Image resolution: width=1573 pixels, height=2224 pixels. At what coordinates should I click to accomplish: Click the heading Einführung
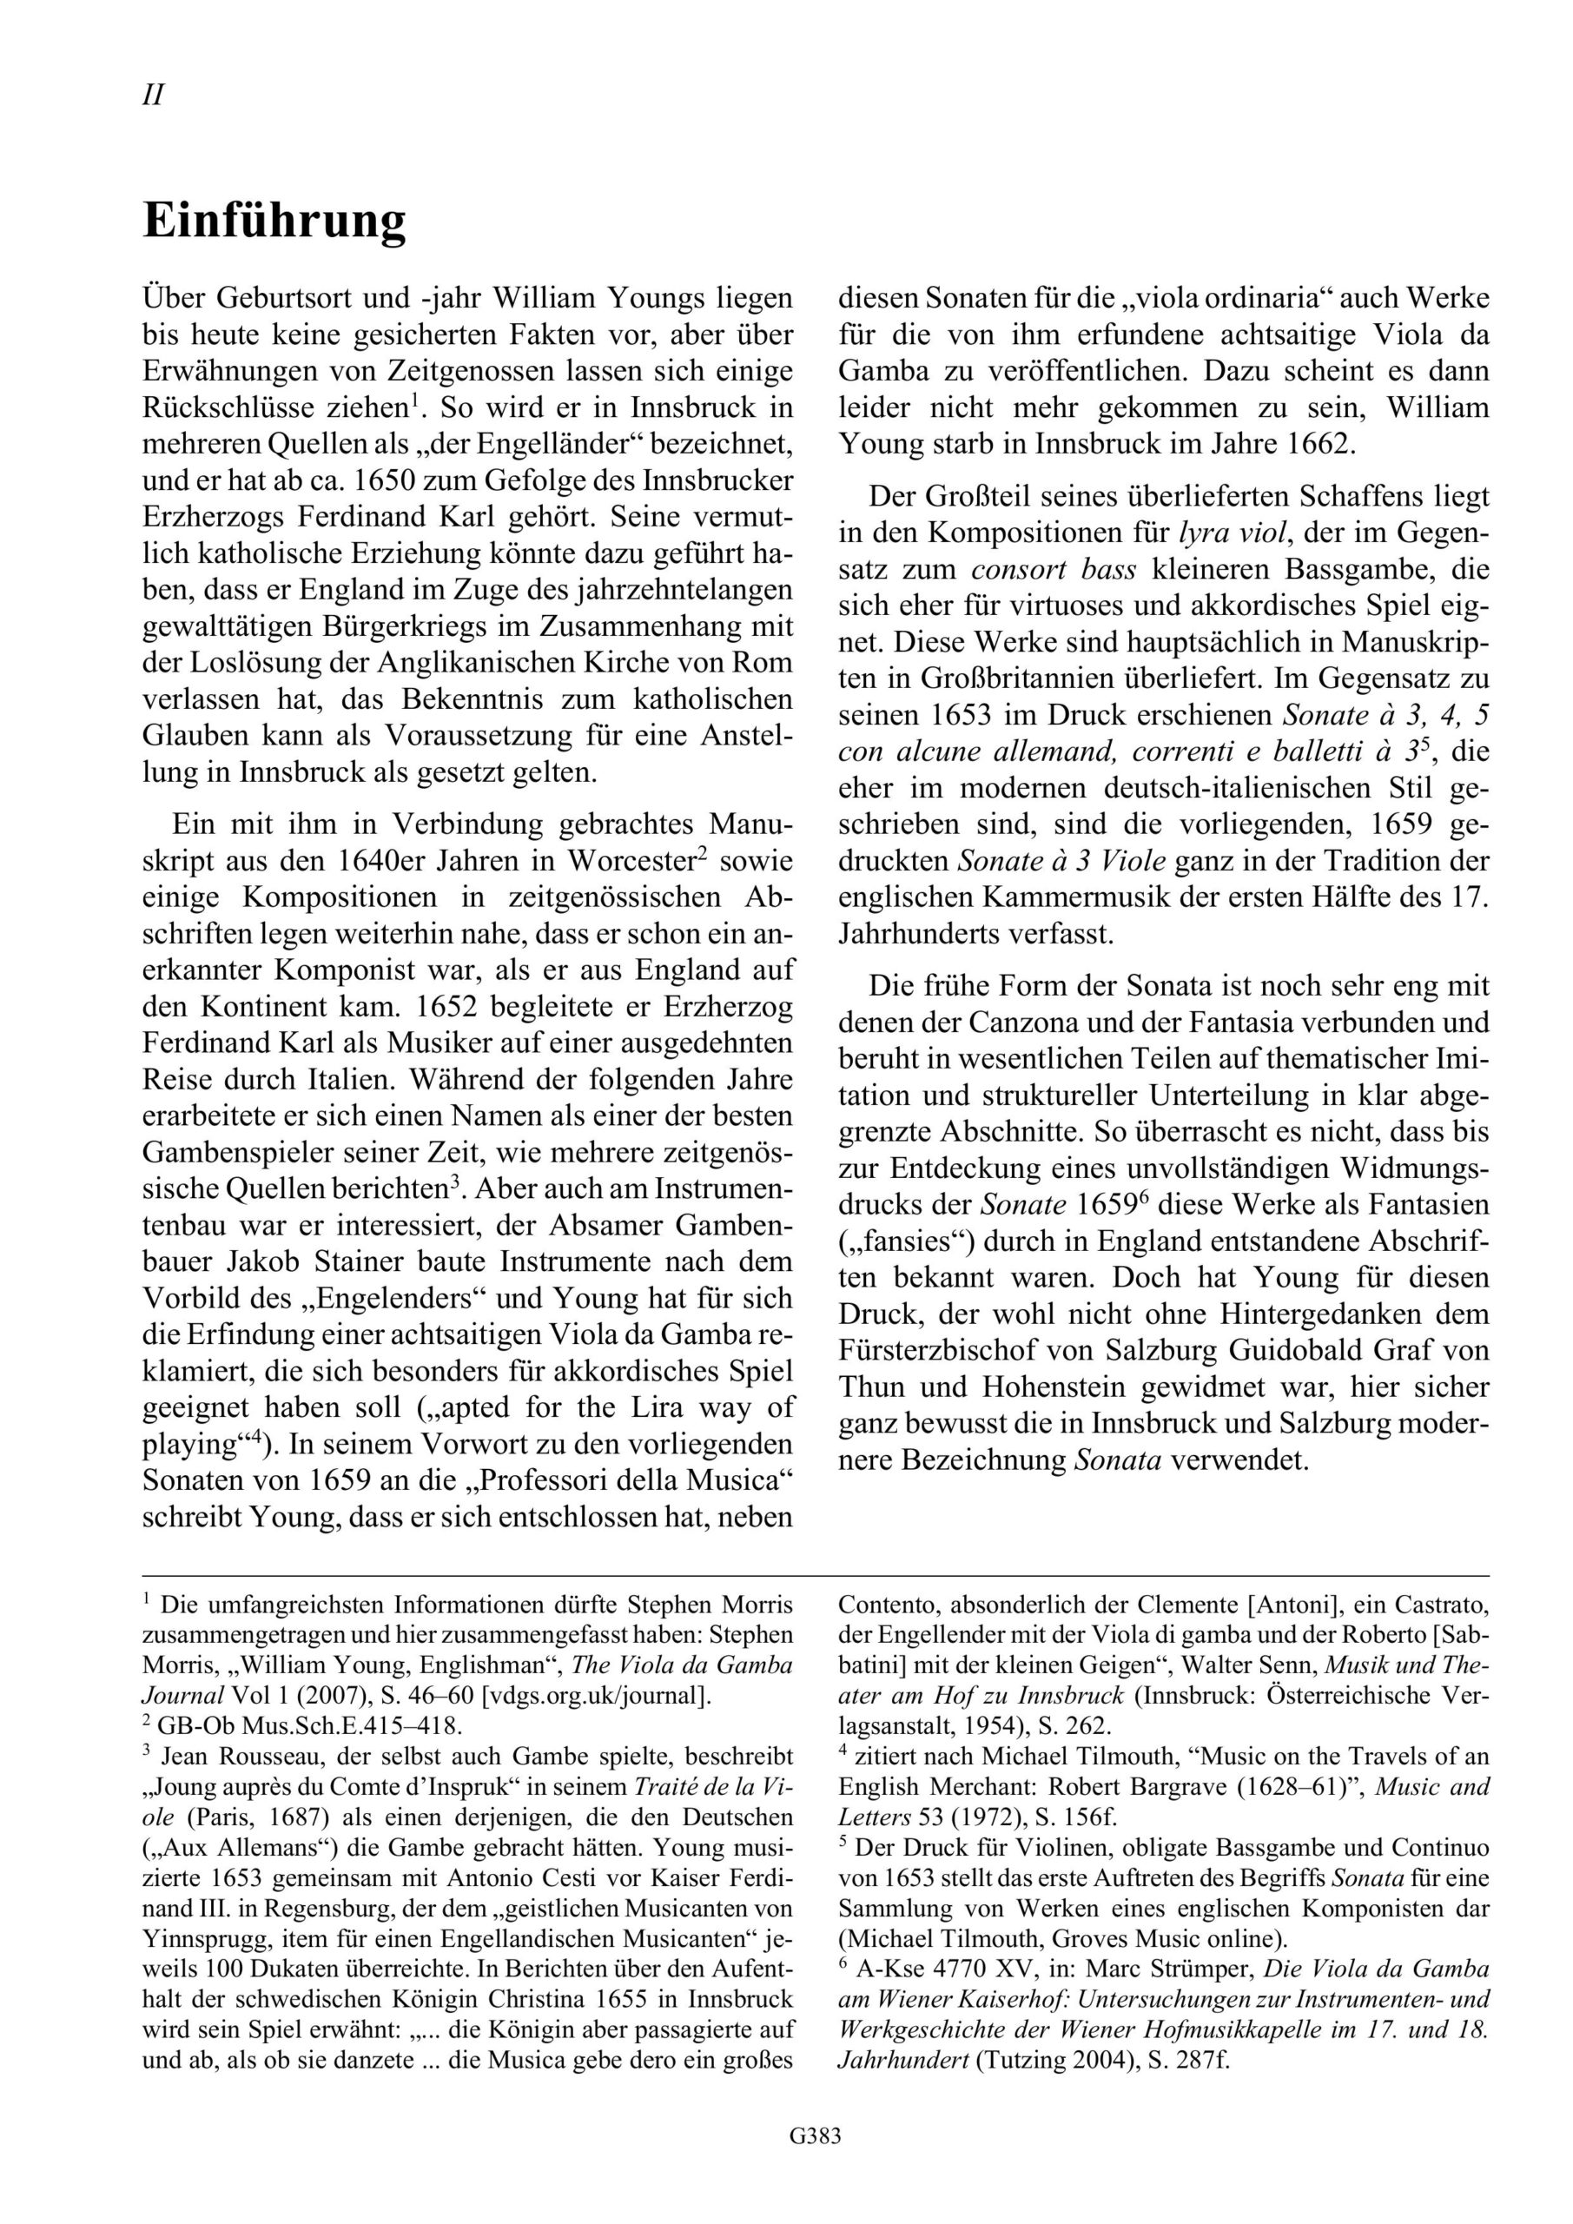click(x=274, y=222)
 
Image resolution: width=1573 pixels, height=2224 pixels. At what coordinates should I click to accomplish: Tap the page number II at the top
click(x=153, y=95)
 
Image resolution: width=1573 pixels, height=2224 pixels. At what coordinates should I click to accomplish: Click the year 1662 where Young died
click(x=1323, y=444)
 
